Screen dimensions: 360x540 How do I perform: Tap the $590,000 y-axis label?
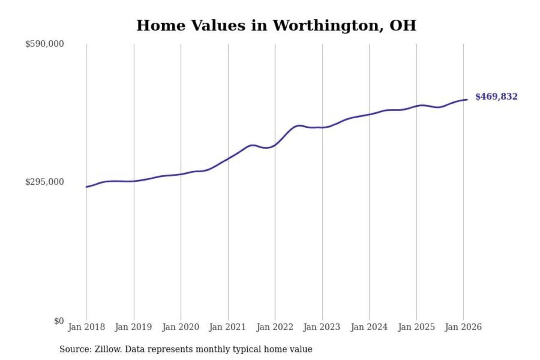[x=45, y=44]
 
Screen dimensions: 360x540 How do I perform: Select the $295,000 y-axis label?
[x=45, y=182]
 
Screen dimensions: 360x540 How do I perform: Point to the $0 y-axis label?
[x=58, y=321]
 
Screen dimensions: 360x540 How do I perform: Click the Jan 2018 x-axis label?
[x=86, y=327]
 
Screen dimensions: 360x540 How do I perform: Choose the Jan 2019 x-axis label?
[x=133, y=327]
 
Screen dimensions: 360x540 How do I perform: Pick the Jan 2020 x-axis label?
[x=180, y=327]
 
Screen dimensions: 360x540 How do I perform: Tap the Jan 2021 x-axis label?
[x=227, y=327]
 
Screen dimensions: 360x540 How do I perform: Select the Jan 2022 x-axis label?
[x=274, y=327]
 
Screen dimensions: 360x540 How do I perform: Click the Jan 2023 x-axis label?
[x=321, y=327]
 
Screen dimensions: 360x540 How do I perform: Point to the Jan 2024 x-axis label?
[x=369, y=327]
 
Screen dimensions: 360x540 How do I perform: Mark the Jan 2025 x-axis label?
[x=416, y=327]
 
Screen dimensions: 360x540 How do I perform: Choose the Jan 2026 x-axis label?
[x=463, y=327]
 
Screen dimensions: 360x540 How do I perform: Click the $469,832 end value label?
[x=496, y=97]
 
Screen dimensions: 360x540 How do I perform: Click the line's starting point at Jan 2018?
[x=87, y=187]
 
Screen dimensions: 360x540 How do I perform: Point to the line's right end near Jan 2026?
[x=467, y=99]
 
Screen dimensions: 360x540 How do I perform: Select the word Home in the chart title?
[x=161, y=25]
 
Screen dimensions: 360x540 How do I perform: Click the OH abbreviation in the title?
[x=403, y=25]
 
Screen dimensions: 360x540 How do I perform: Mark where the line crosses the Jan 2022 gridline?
[x=275, y=144]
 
